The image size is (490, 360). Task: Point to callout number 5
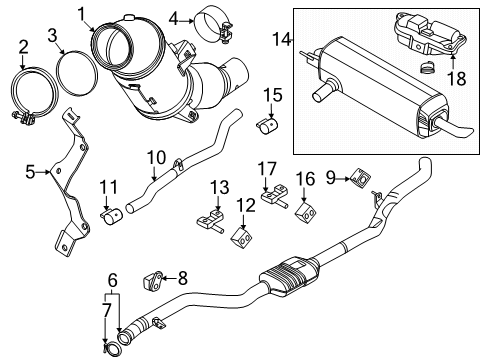pos(30,173)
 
